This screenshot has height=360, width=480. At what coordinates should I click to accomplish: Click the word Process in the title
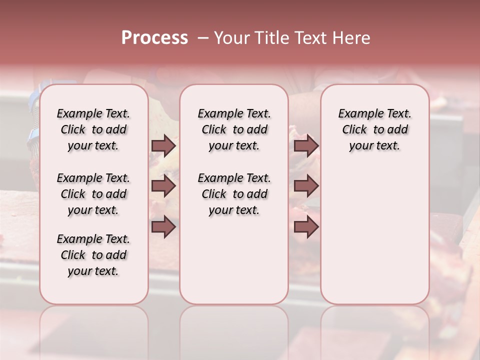[x=154, y=37]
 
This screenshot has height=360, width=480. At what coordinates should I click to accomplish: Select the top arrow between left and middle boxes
[x=163, y=145]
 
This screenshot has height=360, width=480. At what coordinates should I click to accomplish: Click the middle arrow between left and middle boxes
[x=163, y=186]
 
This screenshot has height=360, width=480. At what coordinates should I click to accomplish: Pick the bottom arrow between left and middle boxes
[x=163, y=227]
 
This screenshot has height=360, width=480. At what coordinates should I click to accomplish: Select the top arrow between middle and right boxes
[x=306, y=145]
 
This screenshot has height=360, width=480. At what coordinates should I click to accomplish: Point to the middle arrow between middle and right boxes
[x=306, y=186]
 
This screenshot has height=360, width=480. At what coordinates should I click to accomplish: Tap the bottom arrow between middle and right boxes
[x=306, y=227]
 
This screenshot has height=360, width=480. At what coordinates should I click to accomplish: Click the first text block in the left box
[x=93, y=129]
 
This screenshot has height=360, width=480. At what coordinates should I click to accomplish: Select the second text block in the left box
[x=93, y=194]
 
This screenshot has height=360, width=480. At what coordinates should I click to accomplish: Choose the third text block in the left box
[x=93, y=255]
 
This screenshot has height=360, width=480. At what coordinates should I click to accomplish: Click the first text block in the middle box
[x=234, y=129]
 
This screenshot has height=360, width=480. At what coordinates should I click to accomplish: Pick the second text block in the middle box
[x=234, y=194]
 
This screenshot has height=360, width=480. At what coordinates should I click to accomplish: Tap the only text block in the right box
[x=375, y=129]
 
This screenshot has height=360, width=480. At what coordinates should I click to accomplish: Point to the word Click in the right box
[x=354, y=130]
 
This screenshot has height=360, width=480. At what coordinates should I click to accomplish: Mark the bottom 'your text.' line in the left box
[x=93, y=271]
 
